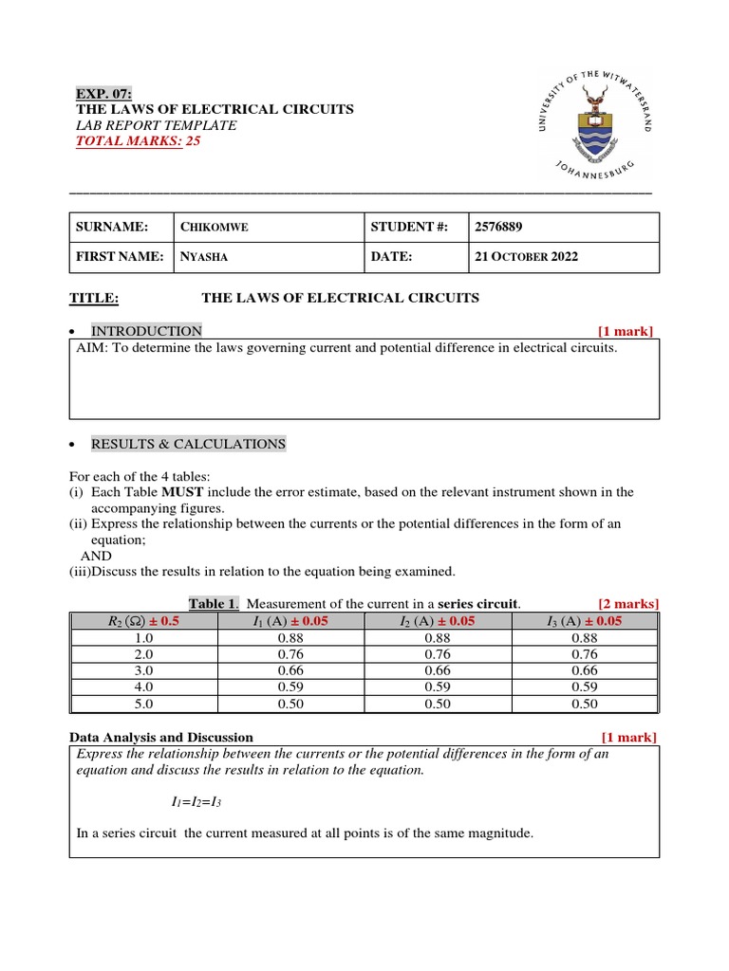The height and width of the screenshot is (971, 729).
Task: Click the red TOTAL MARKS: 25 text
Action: [x=139, y=141]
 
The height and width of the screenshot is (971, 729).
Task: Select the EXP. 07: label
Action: [x=104, y=93]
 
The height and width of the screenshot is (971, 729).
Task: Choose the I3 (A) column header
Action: [x=584, y=621]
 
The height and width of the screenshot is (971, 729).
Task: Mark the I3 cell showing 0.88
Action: [x=584, y=638]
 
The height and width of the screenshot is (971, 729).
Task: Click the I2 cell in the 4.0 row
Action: [x=438, y=687]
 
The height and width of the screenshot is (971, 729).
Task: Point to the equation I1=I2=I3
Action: [x=196, y=802]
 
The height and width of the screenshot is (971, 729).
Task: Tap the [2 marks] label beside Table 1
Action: [x=627, y=604]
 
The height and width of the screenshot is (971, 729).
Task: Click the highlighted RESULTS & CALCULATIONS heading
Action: [x=188, y=444]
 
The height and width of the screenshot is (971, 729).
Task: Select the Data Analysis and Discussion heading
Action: [x=161, y=737]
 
